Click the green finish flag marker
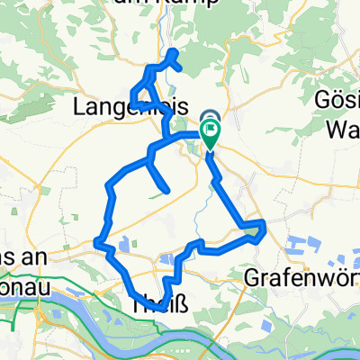tap(210, 136)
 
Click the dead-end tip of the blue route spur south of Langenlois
tap(166, 189)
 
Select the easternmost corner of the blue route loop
tap(263, 222)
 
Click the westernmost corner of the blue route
tap(96, 240)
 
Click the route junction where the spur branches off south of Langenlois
tap(148, 160)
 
